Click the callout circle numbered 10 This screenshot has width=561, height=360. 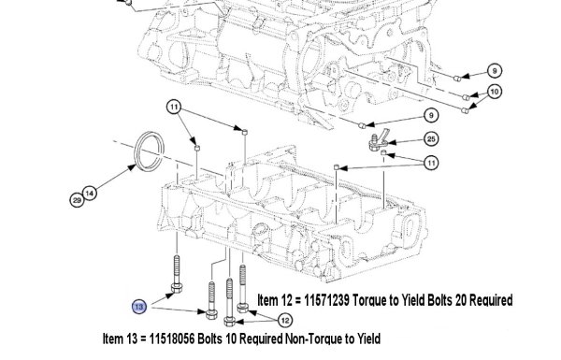click(x=494, y=92)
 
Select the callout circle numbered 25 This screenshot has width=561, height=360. click(x=431, y=139)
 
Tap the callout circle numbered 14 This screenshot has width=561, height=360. click(x=90, y=194)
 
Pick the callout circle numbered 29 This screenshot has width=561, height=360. click(x=77, y=200)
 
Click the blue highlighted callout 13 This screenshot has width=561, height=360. click(x=139, y=307)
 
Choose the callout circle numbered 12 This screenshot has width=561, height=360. click(x=285, y=321)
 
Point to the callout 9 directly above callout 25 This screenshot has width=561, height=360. click(x=431, y=115)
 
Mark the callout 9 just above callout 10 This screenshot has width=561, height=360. click(x=495, y=71)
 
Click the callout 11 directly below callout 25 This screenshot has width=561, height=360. click(x=431, y=164)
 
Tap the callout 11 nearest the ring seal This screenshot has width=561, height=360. click(x=174, y=107)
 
